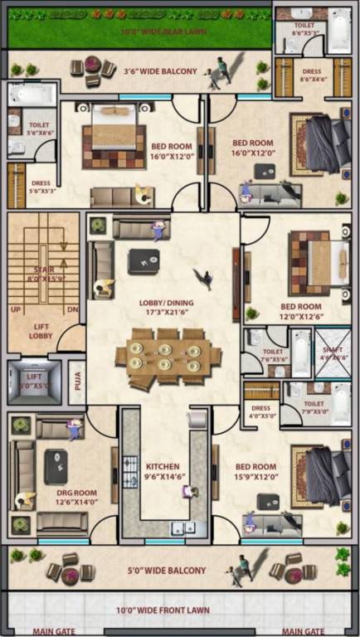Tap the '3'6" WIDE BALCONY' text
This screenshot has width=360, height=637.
pyautogui.click(x=160, y=71)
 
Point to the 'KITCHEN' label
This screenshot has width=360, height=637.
pyautogui.click(x=163, y=466)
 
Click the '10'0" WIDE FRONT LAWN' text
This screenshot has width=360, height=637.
pyautogui.click(x=163, y=610)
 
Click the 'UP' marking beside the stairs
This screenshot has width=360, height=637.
pyautogui.click(x=15, y=309)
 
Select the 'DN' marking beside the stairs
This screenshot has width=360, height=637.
pyautogui.click(x=71, y=309)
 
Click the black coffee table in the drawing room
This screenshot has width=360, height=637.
pyautogui.click(x=56, y=464)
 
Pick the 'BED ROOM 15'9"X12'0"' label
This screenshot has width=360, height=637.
pyautogui.click(x=255, y=472)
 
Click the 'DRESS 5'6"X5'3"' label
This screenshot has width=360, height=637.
pyautogui.click(x=41, y=187)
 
